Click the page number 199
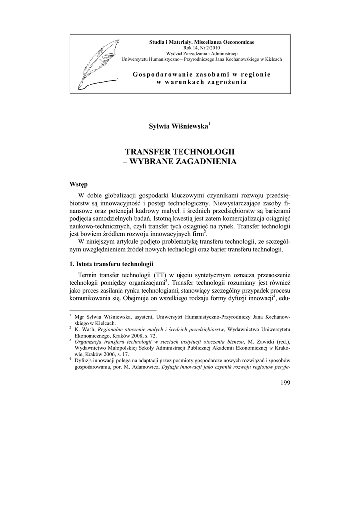pos(285,382)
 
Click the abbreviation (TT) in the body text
pos(161,275)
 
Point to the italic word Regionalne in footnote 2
pos(111,329)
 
